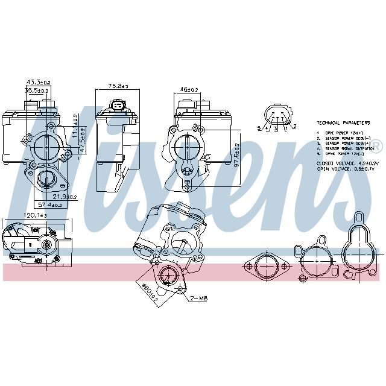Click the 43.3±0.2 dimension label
coord(38,82)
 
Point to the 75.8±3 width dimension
coord(118,86)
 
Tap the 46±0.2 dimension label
coord(189,89)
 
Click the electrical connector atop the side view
coord(118,107)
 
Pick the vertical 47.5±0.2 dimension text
coord(83,139)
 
